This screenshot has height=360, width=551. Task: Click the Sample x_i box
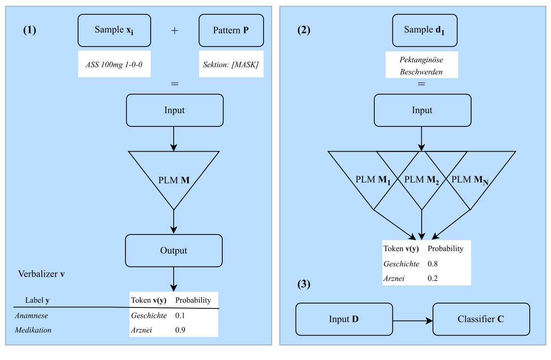114,30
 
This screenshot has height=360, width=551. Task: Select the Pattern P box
231,30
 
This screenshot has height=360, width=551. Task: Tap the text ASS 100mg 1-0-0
114,64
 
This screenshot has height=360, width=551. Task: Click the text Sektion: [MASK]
231,64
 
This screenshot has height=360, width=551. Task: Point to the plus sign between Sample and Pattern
175,31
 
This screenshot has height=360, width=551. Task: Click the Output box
174,251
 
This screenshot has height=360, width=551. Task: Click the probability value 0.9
180,330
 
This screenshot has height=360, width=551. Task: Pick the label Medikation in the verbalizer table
33,330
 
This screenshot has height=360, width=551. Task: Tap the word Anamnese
31,316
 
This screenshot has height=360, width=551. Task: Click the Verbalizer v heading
41,274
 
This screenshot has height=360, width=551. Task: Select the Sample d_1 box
425,30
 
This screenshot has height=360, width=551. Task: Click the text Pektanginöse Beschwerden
421,66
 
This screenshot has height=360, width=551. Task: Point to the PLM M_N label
470,180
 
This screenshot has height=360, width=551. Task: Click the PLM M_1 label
373,180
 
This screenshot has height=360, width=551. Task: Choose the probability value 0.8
433,264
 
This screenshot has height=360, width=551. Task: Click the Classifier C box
481,319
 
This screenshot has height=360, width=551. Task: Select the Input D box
344,319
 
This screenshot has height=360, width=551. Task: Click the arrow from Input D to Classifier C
412,320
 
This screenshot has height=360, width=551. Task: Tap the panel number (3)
304,284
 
